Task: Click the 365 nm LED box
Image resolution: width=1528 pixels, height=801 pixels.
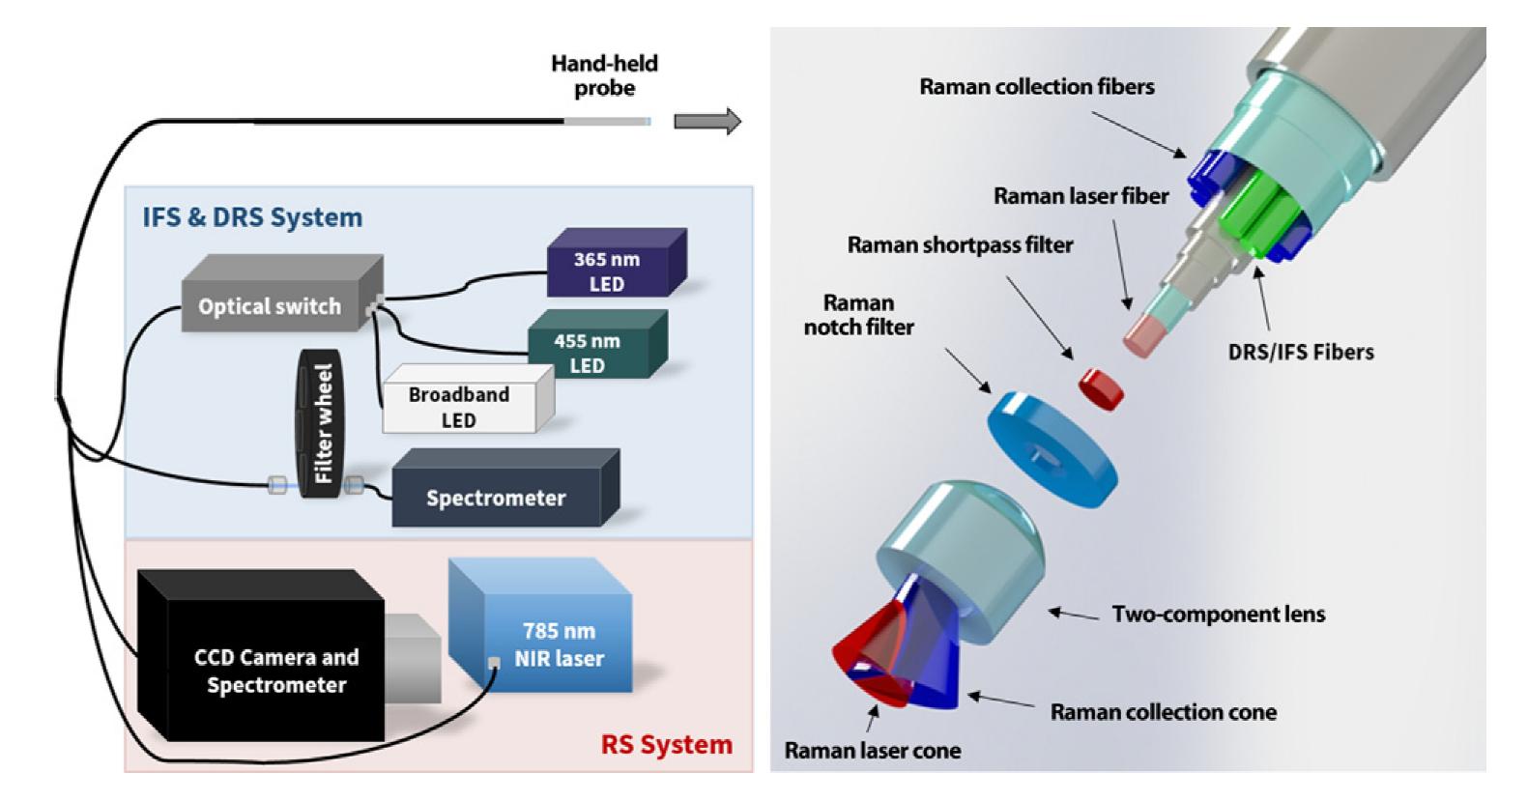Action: coord(608,270)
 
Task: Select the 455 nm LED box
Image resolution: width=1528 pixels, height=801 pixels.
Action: coord(588,352)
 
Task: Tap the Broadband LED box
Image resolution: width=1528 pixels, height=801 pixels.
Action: coord(460,407)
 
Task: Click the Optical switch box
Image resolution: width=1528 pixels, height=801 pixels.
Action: coord(272,305)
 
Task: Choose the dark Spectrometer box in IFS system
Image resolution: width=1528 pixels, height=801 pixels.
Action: coord(497,498)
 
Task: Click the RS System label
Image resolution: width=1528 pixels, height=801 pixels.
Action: coord(666,745)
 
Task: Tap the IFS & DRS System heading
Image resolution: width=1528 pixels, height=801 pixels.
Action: coord(252,217)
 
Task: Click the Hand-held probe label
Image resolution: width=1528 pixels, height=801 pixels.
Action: coord(604,75)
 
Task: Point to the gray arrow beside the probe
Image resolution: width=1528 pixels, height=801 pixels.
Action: coord(706,122)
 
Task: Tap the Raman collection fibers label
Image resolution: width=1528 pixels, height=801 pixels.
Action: coord(1036,87)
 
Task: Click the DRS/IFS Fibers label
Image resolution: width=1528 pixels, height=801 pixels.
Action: coord(1300,351)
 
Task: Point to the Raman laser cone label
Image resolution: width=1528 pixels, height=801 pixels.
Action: coord(872,751)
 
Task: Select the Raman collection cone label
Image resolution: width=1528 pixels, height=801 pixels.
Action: coord(1163,712)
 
